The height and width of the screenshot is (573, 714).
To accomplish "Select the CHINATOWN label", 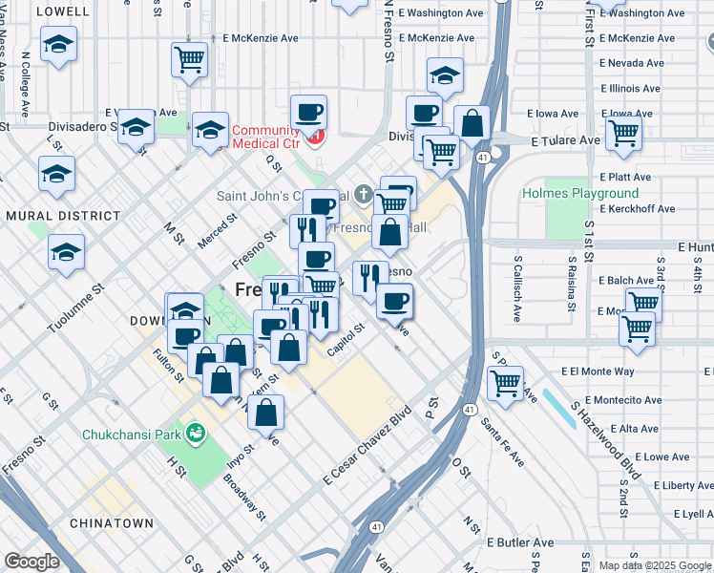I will coord(111,523).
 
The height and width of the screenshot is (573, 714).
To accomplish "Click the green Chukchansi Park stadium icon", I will coord(197,435).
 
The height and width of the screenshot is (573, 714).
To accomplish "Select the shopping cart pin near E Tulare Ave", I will coord(623,133).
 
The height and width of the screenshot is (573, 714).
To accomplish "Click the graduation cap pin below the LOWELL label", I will coord(59,45).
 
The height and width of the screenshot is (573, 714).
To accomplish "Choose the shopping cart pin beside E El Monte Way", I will coord(505,383).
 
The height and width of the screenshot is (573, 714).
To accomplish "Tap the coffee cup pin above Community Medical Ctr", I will coord(308,112).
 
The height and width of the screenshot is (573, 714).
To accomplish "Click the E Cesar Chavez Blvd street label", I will coord(367,444).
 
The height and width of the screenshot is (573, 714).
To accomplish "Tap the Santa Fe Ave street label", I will coord(502,442).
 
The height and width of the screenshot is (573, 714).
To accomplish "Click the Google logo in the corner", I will coord(31,562).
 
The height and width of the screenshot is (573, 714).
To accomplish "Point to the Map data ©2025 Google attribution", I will coord(654,565).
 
